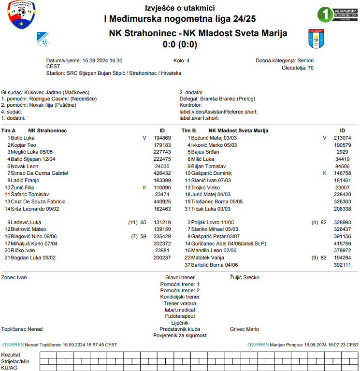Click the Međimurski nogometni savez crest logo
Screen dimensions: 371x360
coord(21,15)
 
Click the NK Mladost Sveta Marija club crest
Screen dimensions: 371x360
coord(315,39)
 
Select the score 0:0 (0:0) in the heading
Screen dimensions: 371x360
coord(180,45)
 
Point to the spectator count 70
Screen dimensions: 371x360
coord(311,68)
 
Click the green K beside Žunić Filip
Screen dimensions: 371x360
coord(144,187)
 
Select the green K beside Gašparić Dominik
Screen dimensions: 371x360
coord(325,173)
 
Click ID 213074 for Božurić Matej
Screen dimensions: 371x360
coord(342,138)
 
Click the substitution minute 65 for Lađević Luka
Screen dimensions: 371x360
coord(143,223)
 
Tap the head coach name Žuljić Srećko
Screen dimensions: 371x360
coord(245,278)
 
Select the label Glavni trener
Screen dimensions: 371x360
coord(180,278)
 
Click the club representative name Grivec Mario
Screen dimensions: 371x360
coord(244,329)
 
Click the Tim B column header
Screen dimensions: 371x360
coord(188,130)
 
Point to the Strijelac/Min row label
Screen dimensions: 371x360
coord(15,361)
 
